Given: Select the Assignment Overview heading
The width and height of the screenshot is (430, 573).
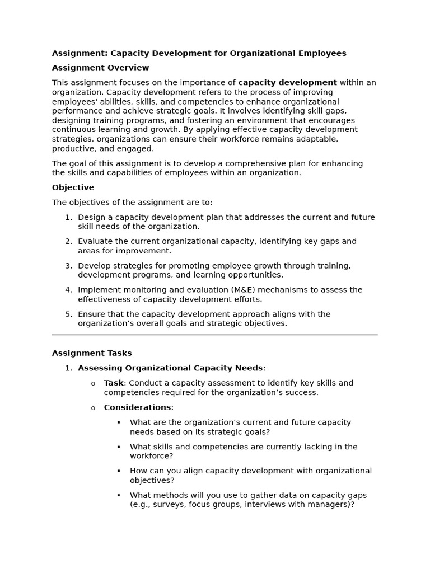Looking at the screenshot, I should click(100, 68).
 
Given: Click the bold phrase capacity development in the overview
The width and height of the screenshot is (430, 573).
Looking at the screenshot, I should click(287, 83).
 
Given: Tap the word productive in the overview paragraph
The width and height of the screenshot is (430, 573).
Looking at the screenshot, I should click(73, 149).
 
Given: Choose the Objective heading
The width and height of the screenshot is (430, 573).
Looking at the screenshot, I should click(73, 187).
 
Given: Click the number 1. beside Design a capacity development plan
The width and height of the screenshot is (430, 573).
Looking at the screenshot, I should click(68, 217).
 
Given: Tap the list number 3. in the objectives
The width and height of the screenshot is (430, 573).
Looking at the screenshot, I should click(68, 266).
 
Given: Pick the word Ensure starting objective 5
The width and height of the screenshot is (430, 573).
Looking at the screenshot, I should click(91, 314).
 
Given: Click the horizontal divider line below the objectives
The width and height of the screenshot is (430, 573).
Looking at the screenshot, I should click(214, 335).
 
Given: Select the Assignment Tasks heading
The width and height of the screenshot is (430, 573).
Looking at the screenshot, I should click(92, 353).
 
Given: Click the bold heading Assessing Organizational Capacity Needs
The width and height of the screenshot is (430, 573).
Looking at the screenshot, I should click(170, 368).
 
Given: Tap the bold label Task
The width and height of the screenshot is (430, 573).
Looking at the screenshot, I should click(113, 383).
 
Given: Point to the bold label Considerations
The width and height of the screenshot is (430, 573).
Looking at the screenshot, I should click(137, 407).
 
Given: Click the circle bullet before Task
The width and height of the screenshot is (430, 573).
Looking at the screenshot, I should click(93, 383).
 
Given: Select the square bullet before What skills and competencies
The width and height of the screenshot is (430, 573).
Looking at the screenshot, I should click(119, 447).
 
